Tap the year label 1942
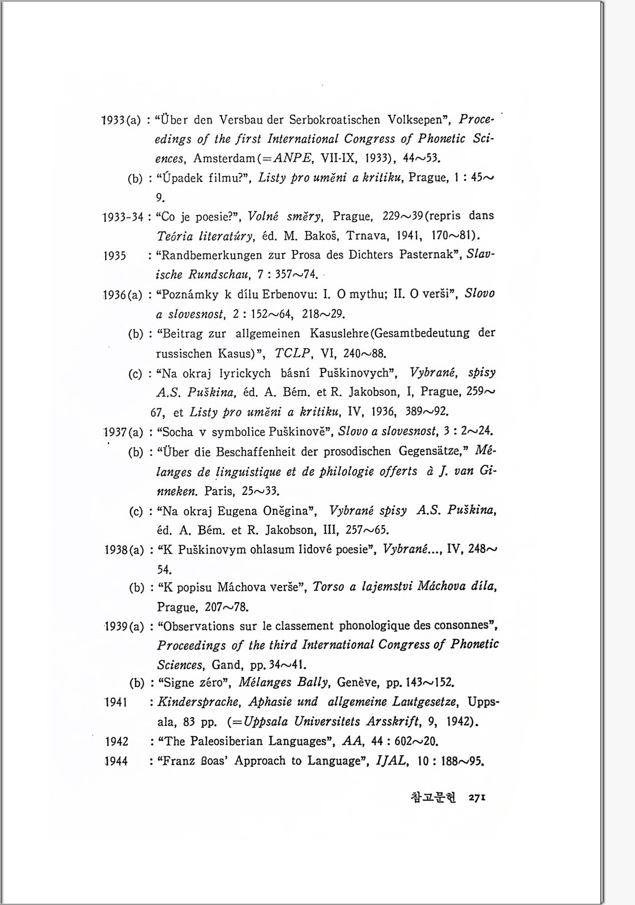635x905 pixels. [x=116, y=742]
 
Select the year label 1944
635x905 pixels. [x=116, y=761]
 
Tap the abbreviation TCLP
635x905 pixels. [x=293, y=353]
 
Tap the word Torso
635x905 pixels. [x=329, y=587]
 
